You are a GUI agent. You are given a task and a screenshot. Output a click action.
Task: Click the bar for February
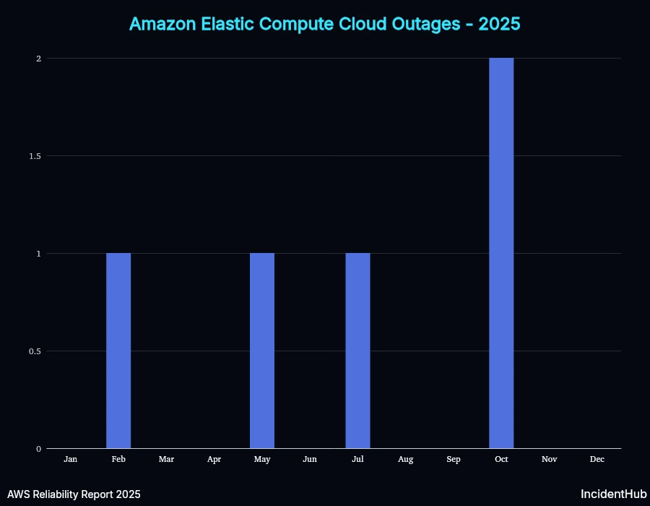click(118, 351)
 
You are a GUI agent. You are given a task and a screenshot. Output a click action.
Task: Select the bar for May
click(262, 351)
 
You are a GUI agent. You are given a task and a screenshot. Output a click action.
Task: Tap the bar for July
click(357, 351)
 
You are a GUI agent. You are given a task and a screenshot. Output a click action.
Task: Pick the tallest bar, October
click(501, 253)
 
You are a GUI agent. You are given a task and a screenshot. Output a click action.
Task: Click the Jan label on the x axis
click(71, 459)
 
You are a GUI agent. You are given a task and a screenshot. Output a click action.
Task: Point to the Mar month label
click(166, 459)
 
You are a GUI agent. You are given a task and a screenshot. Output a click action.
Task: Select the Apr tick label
click(214, 459)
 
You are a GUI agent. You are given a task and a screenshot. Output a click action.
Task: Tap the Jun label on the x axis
click(310, 459)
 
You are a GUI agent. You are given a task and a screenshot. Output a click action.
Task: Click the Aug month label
click(405, 459)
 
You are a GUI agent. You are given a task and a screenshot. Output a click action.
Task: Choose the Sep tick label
click(454, 459)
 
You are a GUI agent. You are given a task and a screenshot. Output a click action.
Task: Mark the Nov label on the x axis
click(549, 459)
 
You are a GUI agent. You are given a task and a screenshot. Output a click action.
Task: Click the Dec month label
click(597, 459)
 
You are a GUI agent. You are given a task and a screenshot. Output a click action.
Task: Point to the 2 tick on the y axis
click(38, 59)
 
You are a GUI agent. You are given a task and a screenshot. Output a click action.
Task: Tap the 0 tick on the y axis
click(38, 449)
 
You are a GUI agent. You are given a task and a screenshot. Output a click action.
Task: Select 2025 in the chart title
click(499, 24)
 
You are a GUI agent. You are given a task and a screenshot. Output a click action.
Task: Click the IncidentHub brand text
click(613, 494)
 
